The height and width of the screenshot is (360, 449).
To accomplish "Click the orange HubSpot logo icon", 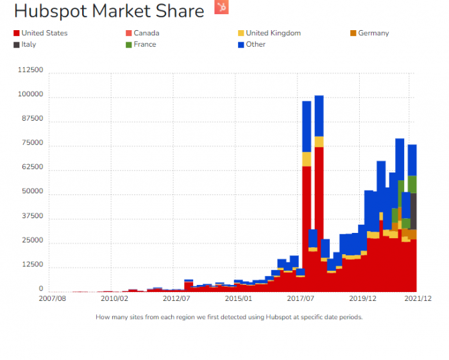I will pyautogui.click(x=221, y=8).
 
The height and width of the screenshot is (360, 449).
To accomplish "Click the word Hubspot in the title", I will pyautogui.click(x=53, y=11).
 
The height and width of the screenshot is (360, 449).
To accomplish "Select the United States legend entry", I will pyautogui.click(x=40, y=33).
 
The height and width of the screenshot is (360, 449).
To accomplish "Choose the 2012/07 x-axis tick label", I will pyautogui.click(x=177, y=298).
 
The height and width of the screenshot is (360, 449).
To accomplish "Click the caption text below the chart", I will pyautogui.click(x=229, y=317).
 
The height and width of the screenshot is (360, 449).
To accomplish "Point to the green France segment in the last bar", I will pyautogui.click(x=414, y=184).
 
